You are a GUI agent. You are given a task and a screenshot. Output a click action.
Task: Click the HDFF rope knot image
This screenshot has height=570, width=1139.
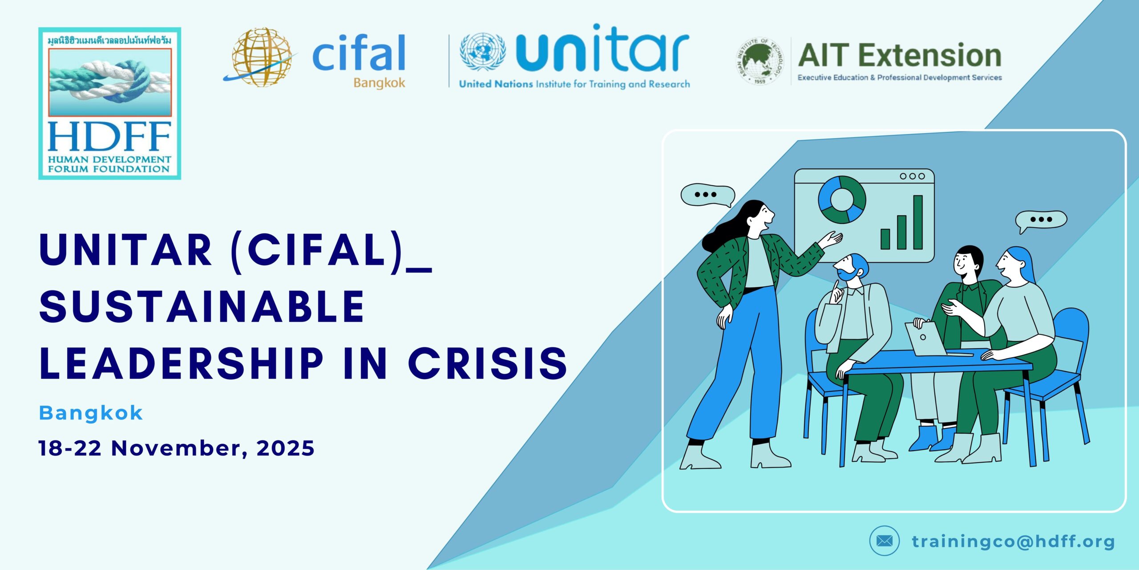point(110,82)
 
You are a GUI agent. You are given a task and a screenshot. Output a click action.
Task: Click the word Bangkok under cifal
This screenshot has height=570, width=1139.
point(380,83)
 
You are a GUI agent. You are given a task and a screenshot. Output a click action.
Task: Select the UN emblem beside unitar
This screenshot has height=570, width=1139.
point(482,52)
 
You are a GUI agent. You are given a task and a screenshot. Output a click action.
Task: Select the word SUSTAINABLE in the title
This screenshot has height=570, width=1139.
point(202,306)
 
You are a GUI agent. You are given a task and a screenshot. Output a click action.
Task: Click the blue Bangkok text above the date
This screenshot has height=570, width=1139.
point(91,413)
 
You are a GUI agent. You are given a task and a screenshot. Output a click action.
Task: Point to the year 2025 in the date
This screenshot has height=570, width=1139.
point(286,448)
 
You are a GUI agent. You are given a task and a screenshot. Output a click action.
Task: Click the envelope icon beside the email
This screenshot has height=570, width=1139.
point(884,541)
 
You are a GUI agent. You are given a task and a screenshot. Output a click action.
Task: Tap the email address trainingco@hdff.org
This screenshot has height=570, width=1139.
point(1013,542)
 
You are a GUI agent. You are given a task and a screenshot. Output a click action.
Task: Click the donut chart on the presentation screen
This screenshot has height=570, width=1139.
point(842,199)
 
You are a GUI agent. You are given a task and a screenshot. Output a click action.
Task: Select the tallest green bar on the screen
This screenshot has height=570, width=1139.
point(918,222)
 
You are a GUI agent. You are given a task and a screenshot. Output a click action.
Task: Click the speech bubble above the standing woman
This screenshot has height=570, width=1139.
point(708,196)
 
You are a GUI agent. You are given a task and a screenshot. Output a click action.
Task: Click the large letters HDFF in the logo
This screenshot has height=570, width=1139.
point(109,137)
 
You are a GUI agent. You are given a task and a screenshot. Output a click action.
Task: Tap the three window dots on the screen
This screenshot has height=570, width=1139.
point(913,176)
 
